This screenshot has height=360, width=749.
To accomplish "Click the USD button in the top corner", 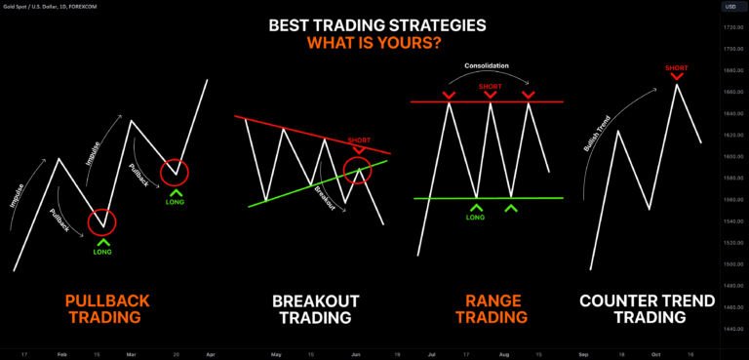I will (729, 7).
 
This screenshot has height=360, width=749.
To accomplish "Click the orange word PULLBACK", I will (101, 300).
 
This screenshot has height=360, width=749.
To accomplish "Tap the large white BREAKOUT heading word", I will (316, 300).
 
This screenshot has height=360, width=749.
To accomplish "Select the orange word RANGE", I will (493, 300).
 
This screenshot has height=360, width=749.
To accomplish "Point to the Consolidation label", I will (488, 66).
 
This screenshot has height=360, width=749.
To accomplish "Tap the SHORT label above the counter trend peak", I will (676, 68).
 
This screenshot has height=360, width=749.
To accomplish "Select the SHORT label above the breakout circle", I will (360, 140).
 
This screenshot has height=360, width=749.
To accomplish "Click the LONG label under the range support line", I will (475, 217).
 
